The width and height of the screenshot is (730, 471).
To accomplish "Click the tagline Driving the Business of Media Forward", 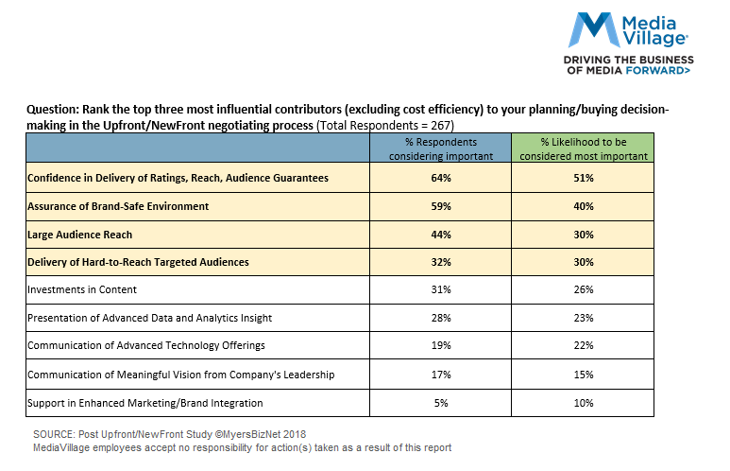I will pyautogui.click(x=627, y=64).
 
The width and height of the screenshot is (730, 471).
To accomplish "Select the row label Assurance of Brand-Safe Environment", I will pyautogui.click(x=118, y=205).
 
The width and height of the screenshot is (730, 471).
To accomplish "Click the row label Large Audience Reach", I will pyautogui.click(x=80, y=234).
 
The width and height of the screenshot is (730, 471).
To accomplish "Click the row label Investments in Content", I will pyautogui.click(x=82, y=289).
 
